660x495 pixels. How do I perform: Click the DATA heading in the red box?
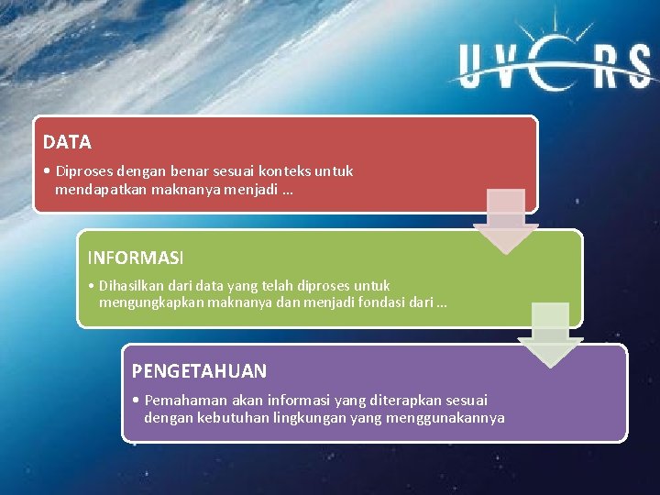click(x=67, y=142)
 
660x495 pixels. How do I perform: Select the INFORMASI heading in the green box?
click(x=135, y=258)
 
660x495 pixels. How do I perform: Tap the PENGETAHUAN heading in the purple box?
click(x=199, y=371)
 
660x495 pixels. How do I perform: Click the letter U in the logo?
click(x=478, y=68)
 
